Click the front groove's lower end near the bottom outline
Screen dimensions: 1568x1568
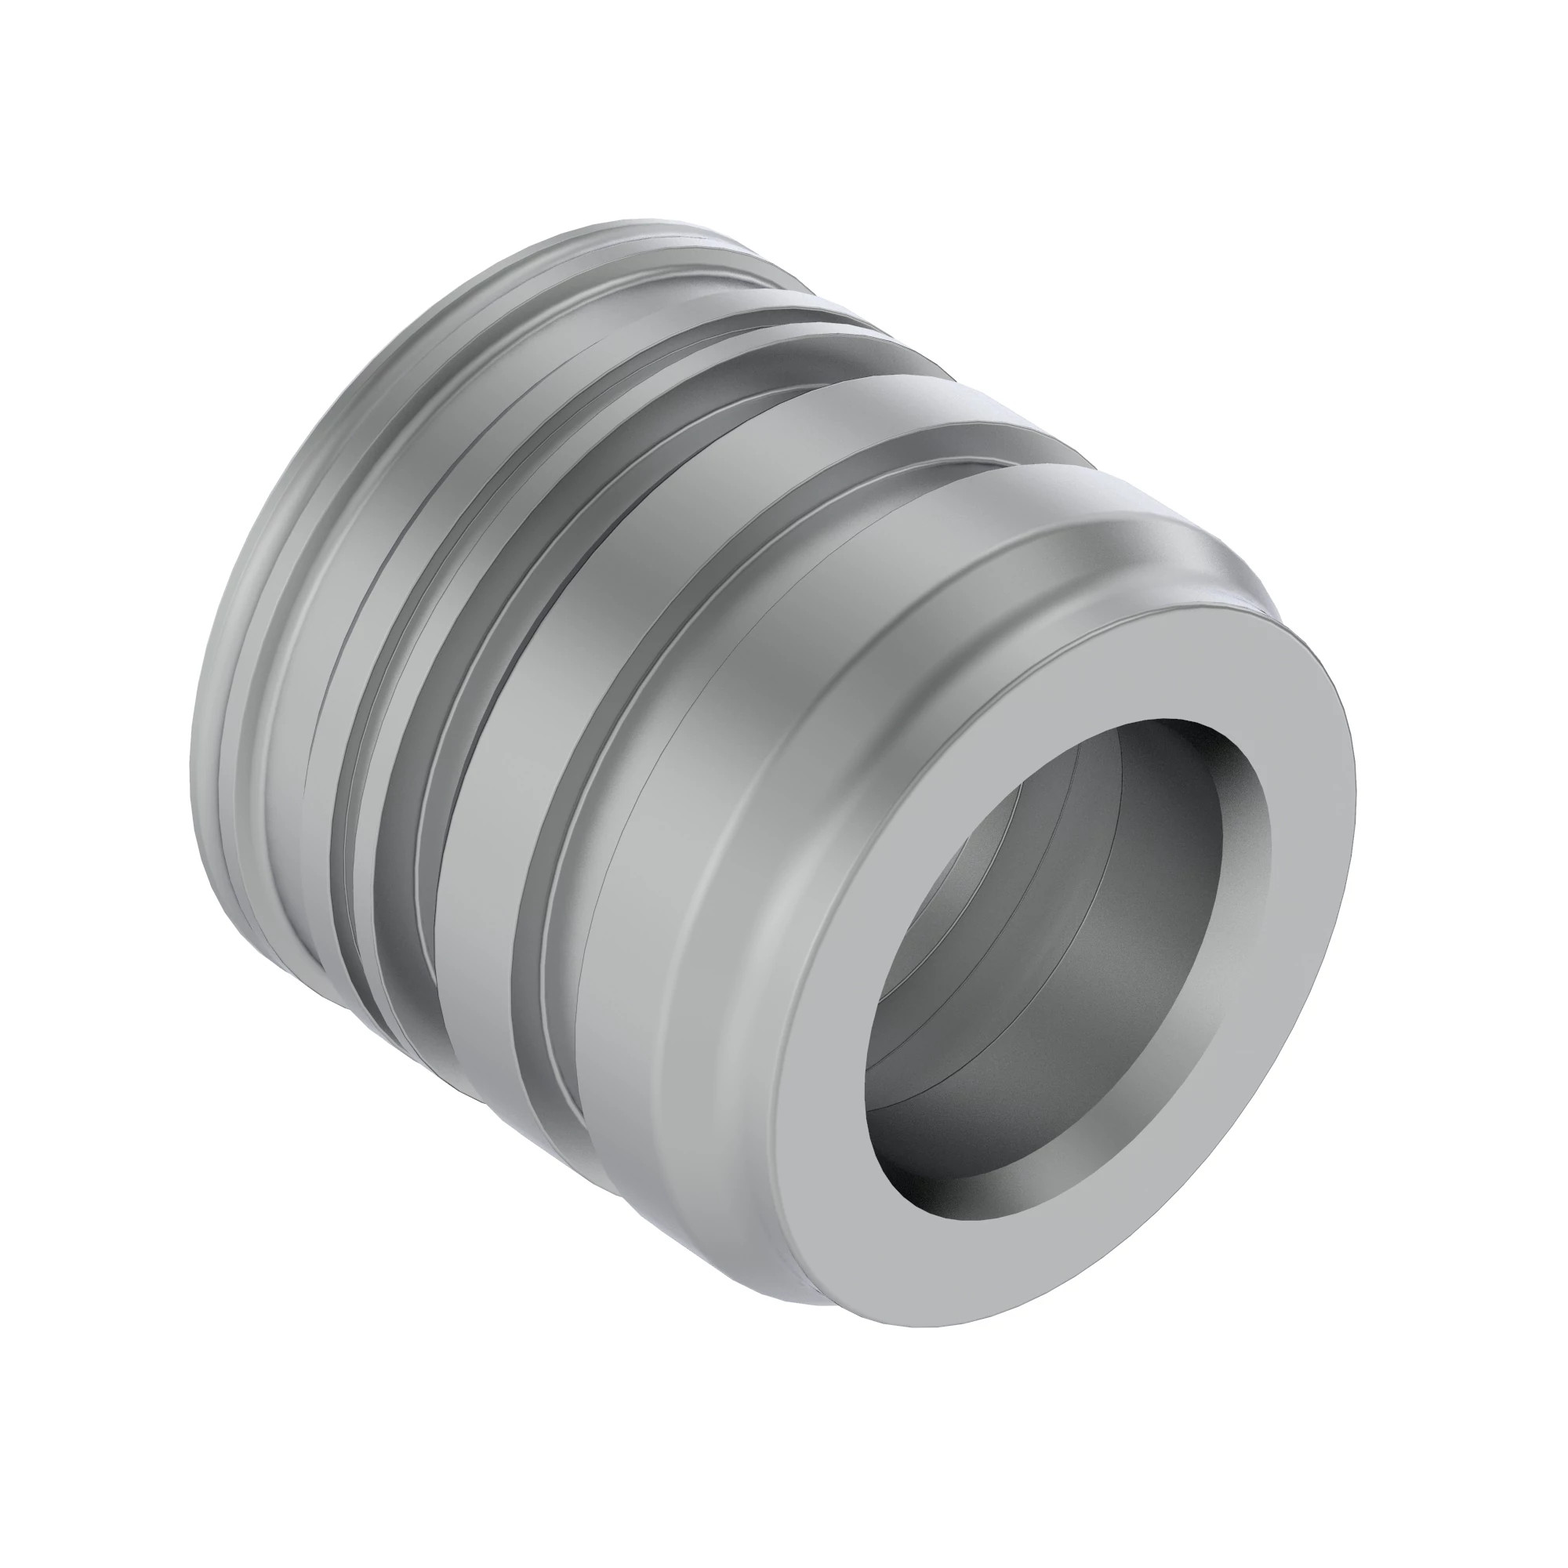click(x=584, y=1136)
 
